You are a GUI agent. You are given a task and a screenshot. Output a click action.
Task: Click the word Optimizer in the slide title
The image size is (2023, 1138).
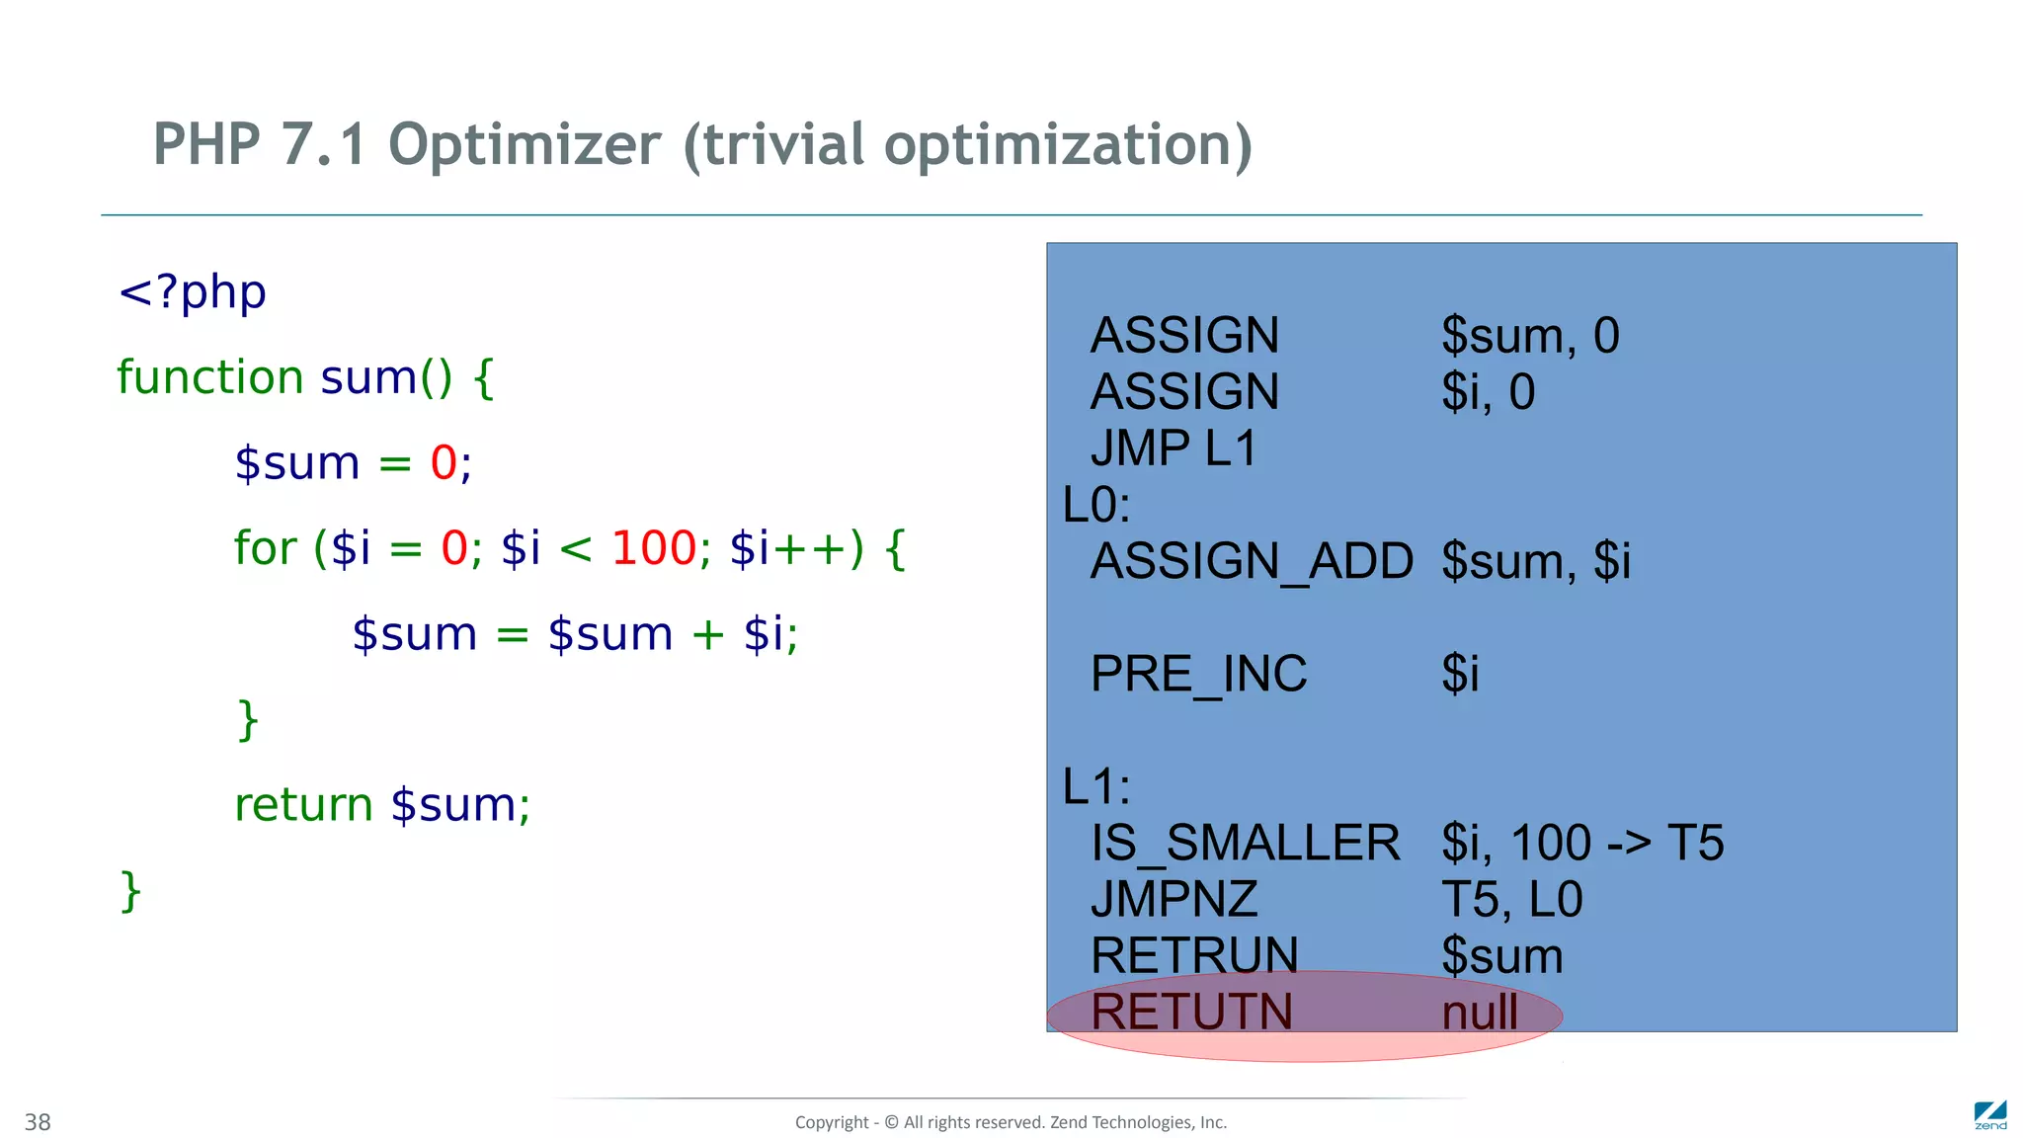coord(524,145)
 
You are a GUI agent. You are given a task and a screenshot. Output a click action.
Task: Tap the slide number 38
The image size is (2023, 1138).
coord(38,1122)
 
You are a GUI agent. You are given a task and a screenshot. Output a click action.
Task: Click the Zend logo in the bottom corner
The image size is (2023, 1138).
coord(1989,1115)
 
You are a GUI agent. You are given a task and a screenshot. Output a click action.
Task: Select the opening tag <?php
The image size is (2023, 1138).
coord(193,292)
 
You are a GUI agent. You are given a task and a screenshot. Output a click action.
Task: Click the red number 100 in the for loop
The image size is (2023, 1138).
coord(654,548)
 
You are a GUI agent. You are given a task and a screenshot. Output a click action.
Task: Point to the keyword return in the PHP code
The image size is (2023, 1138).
coord(303,805)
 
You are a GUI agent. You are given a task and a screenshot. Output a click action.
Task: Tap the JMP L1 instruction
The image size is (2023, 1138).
coord(1173,448)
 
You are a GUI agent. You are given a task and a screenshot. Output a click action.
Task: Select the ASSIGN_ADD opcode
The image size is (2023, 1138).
coord(1252,561)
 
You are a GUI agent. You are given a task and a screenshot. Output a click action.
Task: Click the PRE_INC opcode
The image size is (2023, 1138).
coord(1198,674)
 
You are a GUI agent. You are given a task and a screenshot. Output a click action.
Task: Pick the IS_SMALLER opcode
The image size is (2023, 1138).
coord(1245,843)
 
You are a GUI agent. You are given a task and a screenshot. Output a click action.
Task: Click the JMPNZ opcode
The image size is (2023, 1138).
coord(1173,899)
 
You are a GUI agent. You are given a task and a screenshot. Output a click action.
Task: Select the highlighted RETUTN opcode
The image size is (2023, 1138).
coord(1191,1012)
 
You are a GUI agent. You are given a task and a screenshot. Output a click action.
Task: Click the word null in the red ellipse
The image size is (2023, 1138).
coord(1480,1012)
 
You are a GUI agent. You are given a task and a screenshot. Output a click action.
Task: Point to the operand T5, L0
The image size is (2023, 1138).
coord(1511,899)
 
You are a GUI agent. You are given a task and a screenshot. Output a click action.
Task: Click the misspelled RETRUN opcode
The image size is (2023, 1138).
coord(1194,955)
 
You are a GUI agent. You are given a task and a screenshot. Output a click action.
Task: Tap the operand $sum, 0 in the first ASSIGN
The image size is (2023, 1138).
coord(1530,336)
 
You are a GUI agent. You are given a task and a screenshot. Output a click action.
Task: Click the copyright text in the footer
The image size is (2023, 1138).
coord(1011,1122)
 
